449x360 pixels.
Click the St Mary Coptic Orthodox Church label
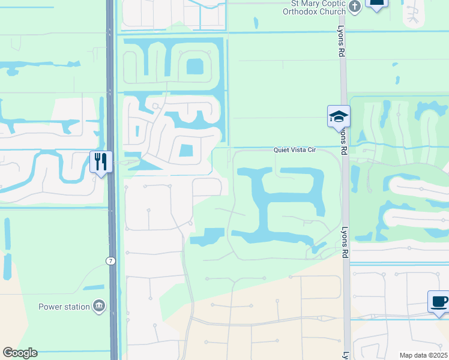315,7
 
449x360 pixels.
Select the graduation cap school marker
339,116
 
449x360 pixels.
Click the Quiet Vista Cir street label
294,150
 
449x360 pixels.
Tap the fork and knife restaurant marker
101,162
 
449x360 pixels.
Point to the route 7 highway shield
110,261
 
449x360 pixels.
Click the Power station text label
64,307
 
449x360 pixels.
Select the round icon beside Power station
98,307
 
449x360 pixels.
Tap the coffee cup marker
439,301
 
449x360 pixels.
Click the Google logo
20,353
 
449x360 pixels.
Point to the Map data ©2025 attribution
424,355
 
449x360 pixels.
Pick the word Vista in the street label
294,150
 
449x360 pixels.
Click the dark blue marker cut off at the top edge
376,4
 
